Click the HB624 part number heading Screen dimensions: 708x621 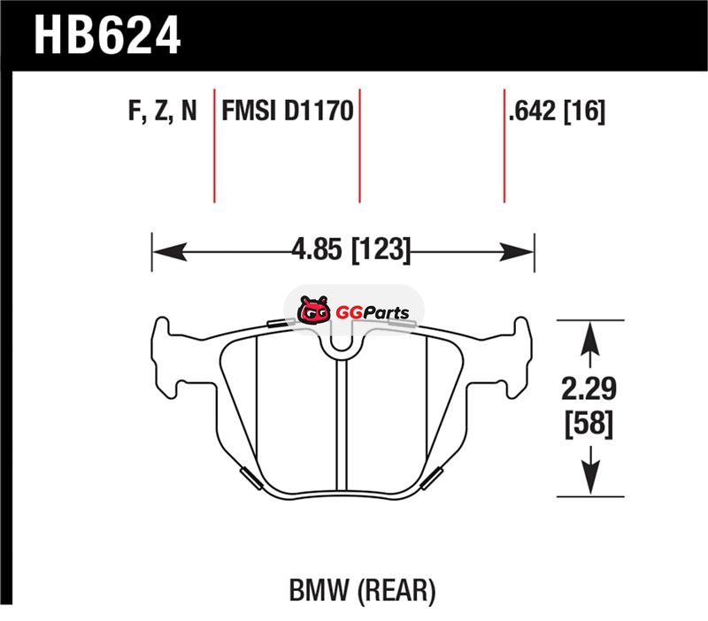[107, 34]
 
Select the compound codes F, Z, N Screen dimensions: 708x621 [163, 111]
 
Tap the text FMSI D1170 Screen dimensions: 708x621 [287, 111]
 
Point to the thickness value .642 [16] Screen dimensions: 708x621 [557, 111]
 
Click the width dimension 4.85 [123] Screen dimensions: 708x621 [350, 249]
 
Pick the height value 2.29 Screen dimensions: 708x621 [589, 388]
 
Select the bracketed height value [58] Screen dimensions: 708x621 [589, 424]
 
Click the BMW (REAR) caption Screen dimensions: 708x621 [362, 590]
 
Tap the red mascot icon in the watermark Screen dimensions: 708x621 [313, 310]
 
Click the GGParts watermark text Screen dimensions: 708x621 [373, 312]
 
